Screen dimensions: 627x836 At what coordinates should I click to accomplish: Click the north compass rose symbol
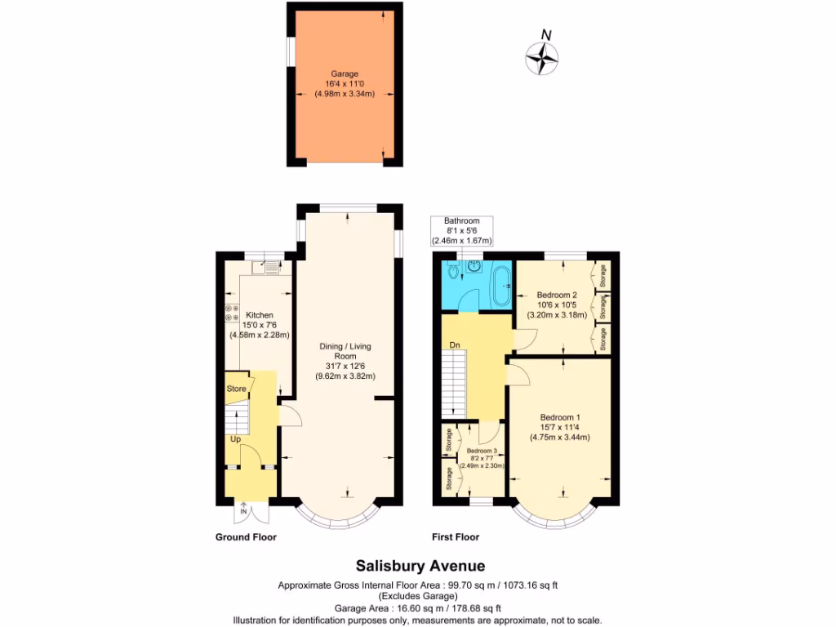542,56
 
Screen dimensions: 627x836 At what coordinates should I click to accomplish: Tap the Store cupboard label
236,389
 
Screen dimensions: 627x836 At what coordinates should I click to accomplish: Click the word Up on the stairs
236,439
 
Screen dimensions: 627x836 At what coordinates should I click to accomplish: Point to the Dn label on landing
456,345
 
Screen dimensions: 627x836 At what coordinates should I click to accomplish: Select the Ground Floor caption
246,537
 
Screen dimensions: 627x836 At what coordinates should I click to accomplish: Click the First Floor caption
456,537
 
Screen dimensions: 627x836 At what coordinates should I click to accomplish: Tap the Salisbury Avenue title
420,566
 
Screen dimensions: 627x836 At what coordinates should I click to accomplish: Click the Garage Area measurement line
418,608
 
